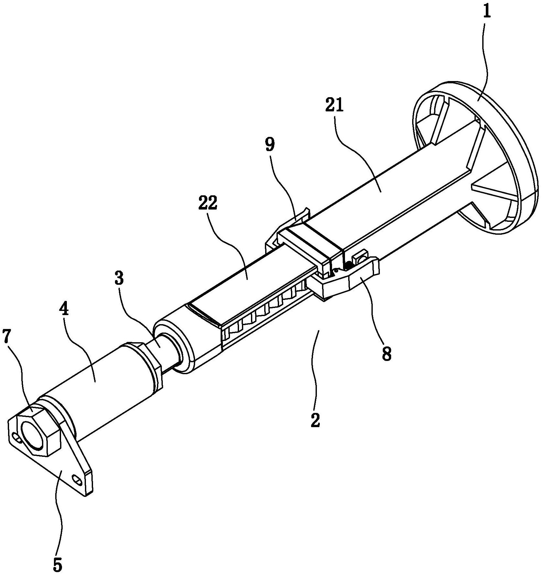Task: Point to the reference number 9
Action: click(270, 145)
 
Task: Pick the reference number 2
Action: click(315, 420)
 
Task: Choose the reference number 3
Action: click(119, 278)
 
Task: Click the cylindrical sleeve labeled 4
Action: click(97, 384)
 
